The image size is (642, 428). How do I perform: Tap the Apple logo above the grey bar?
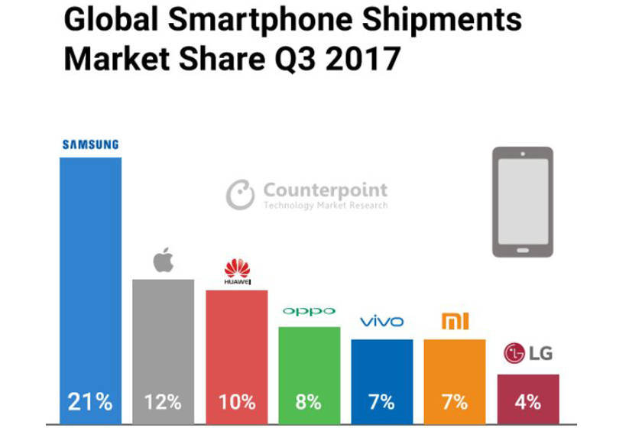[x=164, y=260]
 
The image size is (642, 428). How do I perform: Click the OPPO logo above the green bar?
[x=309, y=311]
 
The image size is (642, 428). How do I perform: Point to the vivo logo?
[x=381, y=321]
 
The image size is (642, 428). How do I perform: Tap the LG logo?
[x=527, y=353]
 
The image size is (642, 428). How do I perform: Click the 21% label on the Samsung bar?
[x=90, y=401]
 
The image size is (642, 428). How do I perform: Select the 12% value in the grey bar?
[x=164, y=401]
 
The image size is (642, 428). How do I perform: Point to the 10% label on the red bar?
[x=236, y=401]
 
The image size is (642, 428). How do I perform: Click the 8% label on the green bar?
[x=309, y=401]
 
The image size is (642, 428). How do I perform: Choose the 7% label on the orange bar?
[x=455, y=401]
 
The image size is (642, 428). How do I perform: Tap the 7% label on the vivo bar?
[x=381, y=401]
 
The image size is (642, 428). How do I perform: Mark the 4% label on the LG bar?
[x=527, y=401]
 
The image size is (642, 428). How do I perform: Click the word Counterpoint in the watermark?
[x=325, y=190]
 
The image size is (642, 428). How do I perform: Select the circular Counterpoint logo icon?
[x=240, y=194]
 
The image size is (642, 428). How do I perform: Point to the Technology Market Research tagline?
[x=325, y=206]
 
